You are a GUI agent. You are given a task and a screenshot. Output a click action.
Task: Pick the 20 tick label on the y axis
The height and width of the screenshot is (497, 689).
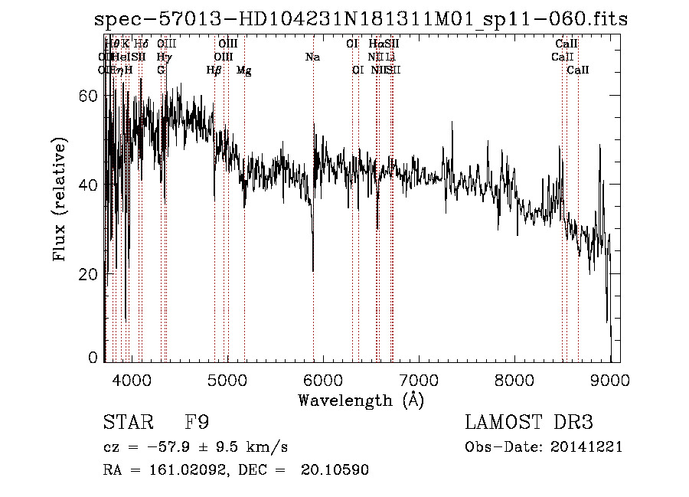(90, 274)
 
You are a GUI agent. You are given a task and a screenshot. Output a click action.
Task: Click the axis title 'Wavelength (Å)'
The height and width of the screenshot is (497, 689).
(361, 400)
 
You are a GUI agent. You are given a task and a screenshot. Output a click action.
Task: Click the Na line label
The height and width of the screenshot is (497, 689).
(312, 57)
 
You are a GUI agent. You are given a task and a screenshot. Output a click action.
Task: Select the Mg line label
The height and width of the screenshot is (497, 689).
(243, 70)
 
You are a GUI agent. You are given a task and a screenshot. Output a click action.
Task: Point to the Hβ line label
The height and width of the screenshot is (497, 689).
(214, 70)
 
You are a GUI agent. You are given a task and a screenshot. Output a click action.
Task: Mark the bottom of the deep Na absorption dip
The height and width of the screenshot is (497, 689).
(313, 270)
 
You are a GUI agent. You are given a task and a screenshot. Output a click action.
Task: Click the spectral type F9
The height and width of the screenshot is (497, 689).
(197, 423)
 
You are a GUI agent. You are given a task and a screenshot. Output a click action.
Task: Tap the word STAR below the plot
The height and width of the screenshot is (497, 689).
(126, 423)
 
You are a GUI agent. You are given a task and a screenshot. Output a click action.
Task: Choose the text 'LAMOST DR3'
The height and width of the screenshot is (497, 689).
(529, 423)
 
